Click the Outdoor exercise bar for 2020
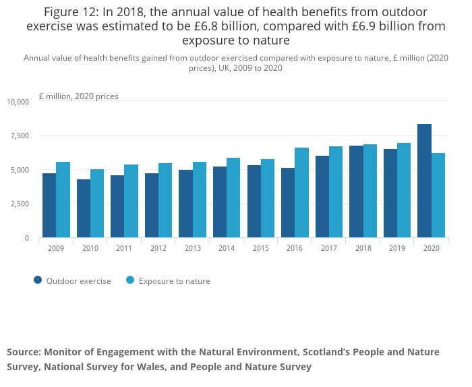(424, 181)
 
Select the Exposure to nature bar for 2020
(438, 196)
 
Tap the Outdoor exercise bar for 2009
(49, 206)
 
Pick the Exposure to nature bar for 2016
(301, 193)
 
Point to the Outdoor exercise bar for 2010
(83, 208)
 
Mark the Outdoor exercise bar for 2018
(356, 191)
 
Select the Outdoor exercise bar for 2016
(288, 203)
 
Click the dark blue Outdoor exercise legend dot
(38, 280)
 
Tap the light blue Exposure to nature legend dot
(130, 280)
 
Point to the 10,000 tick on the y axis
(18, 102)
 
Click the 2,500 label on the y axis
(20, 204)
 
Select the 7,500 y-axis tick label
(20, 136)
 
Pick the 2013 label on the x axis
(193, 248)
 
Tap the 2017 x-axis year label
(329, 248)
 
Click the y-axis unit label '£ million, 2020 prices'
(79, 96)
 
